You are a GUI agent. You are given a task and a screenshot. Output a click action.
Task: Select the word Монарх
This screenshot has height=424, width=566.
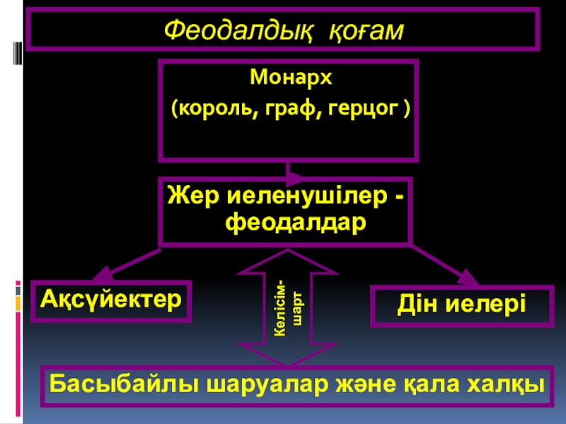[290, 78]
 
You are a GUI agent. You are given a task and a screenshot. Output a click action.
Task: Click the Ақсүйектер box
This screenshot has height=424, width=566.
[111, 299]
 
